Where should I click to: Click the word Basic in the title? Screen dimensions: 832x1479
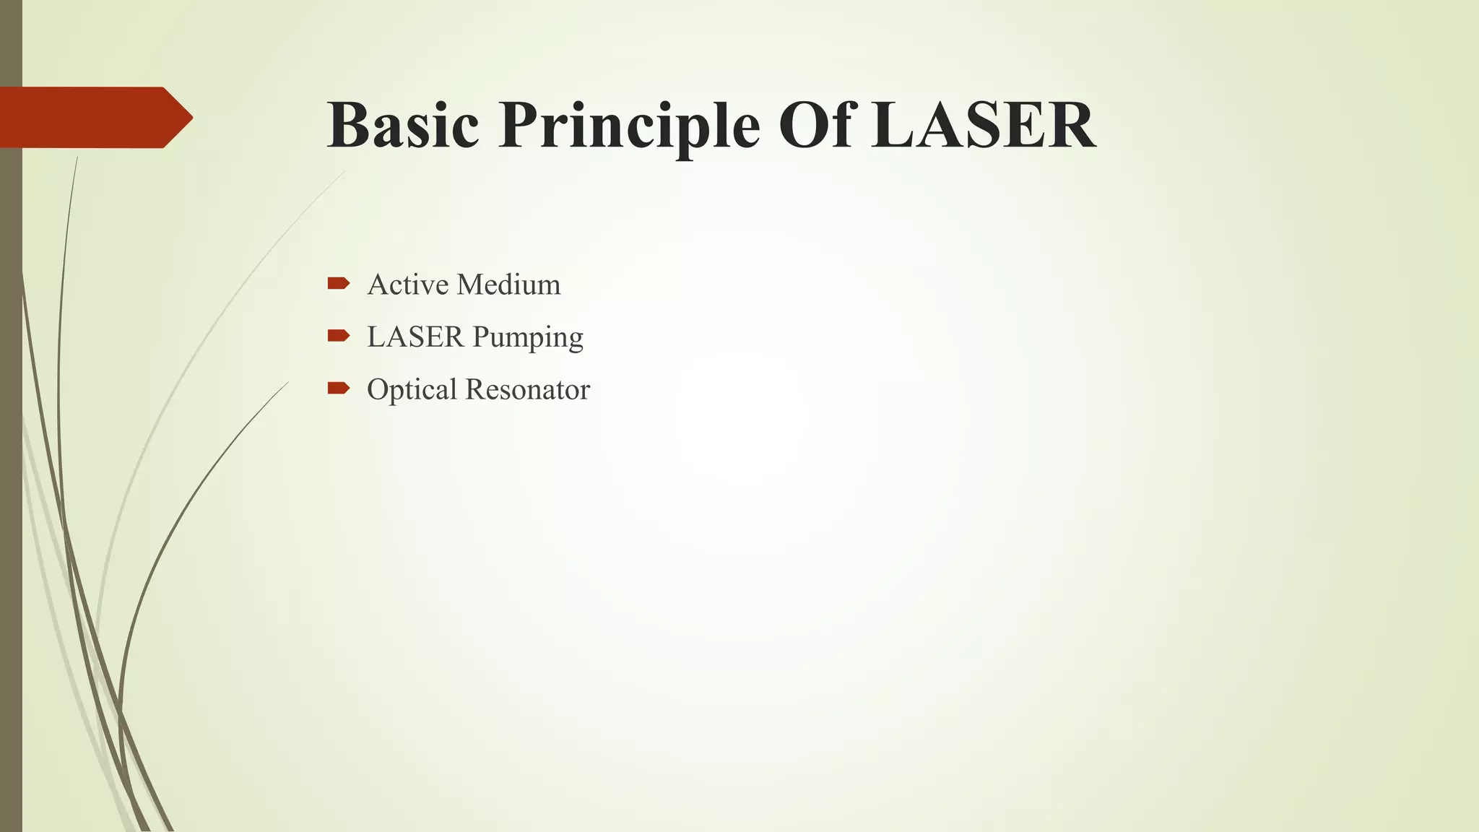pyautogui.click(x=402, y=125)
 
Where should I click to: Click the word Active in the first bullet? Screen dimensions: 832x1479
pyautogui.click(x=408, y=285)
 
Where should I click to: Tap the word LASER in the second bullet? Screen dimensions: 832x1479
pyautogui.click(x=415, y=337)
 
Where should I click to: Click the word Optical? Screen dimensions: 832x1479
pyautogui.click(x=412, y=390)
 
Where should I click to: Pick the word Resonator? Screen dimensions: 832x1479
pyautogui.click(x=528, y=389)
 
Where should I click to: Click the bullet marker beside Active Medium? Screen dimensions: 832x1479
pyautogui.click(x=338, y=283)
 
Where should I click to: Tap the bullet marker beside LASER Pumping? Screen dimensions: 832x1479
pyautogui.click(x=338, y=335)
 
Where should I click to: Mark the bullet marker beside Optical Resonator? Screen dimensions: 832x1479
pyautogui.click(x=338, y=389)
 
